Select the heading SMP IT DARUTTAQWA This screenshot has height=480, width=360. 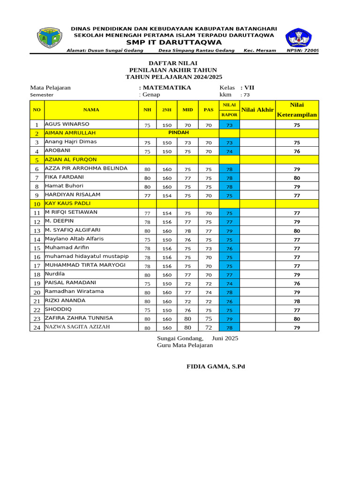pos(173,42)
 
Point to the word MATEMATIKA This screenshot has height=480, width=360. pos(167,88)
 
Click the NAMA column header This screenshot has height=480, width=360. pos(91,110)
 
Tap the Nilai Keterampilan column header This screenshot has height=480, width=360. pos(297,110)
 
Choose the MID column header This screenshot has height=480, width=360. pos(187,110)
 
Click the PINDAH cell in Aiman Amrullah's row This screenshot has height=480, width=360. pos(178,133)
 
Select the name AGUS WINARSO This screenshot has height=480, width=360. pos(67,124)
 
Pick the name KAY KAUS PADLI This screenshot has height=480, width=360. pos(67,203)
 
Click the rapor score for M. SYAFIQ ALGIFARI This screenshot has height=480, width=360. pos(229,231)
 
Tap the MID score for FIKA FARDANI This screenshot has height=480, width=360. pos(187,178)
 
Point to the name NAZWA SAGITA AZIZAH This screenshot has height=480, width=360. pos(77,327)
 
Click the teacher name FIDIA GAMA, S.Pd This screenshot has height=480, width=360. pos(216,366)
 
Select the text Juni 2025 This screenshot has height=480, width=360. pos(225,338)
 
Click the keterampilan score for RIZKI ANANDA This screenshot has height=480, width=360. pos(297,301)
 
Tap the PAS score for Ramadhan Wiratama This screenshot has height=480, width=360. pos(209,292)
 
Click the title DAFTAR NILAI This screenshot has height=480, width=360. pos(173,63)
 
